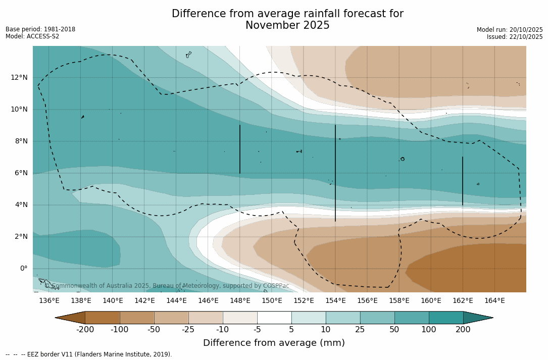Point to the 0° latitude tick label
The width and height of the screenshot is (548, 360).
pyautogui.click(x=23, y=268)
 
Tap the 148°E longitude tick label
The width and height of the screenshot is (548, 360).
pyautogui.click(x=240, y=300)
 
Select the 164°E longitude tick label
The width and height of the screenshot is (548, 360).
pyautogui.click(x=494, y=300)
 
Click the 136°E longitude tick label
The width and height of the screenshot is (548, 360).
pyautogui.click(x=49, y=300)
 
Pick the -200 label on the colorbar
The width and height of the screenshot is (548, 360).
pyautogui.click(x=85, y=330)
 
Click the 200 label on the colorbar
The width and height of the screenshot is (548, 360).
pyautogui.click(x=463, y=330)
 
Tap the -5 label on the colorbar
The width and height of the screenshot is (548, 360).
pyautogui.click(x=257, y=330)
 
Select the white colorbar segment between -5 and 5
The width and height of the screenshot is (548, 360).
pyautogui.click(x=274, y=318)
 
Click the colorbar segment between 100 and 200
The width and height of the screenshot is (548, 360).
pyautogui.click(x=446, y=318)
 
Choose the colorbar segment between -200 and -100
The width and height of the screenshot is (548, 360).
pyautogui.click(x=103, y=318)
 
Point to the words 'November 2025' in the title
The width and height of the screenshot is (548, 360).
pyautogui.click(x=287, y=25)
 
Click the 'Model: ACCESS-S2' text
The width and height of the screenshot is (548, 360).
pyautogui.click(x=32, y=36)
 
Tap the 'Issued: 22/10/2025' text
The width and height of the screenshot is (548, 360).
pyautogui.click(x=514, y=37)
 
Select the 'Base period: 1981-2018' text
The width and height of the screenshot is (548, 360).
pyautogui.click(x=40, y=29)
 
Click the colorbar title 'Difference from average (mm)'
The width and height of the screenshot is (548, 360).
pyautogui.click(x=274, y=343)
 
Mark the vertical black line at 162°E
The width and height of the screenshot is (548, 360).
pyautogui.click(x=463, y=181)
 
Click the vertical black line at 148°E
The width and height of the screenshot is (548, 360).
pyautogui.click(x=240, y=149)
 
